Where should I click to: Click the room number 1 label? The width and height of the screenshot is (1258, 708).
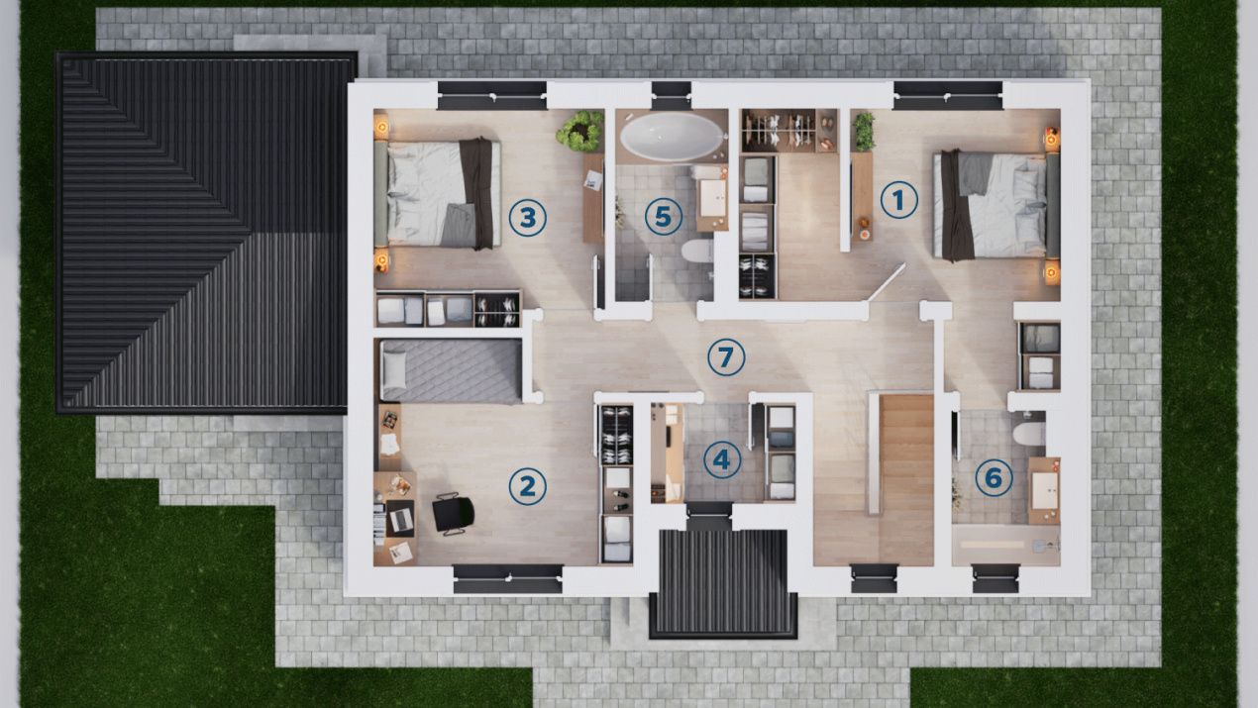(x=898, y=200)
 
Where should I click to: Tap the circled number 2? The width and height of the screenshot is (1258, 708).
(x=527, y=486)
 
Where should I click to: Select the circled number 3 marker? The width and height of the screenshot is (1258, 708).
(x=527, y=217)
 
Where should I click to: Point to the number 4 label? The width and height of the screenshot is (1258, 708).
(x=722, y=459)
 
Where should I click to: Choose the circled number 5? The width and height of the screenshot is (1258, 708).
(x=664, y=217)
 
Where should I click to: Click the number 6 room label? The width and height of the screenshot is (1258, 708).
(x=994, y=478)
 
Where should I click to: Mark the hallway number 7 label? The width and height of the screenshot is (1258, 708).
(x=726, y=357)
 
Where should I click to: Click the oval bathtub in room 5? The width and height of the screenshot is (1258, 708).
(x=672, y=136)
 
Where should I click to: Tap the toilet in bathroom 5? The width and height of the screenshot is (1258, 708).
(x=697, y=251)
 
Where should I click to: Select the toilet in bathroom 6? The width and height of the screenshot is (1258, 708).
(x=1029, y=434)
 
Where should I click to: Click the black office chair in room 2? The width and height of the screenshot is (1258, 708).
(x=453, y=513)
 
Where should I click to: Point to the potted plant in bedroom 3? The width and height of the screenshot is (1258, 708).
(x=580, y=132)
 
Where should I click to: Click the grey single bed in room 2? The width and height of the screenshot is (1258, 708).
(x=451, y=371)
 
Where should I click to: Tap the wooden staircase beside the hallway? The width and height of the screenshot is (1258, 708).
(x=906, y=479)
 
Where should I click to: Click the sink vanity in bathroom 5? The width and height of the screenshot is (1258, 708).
(x=712, y=198)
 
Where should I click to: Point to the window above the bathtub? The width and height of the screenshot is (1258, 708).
(x=672, y=96)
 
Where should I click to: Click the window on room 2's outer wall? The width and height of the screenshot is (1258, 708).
(x=508, y=579)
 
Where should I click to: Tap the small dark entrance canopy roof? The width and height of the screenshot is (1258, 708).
(x=723, y=584)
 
